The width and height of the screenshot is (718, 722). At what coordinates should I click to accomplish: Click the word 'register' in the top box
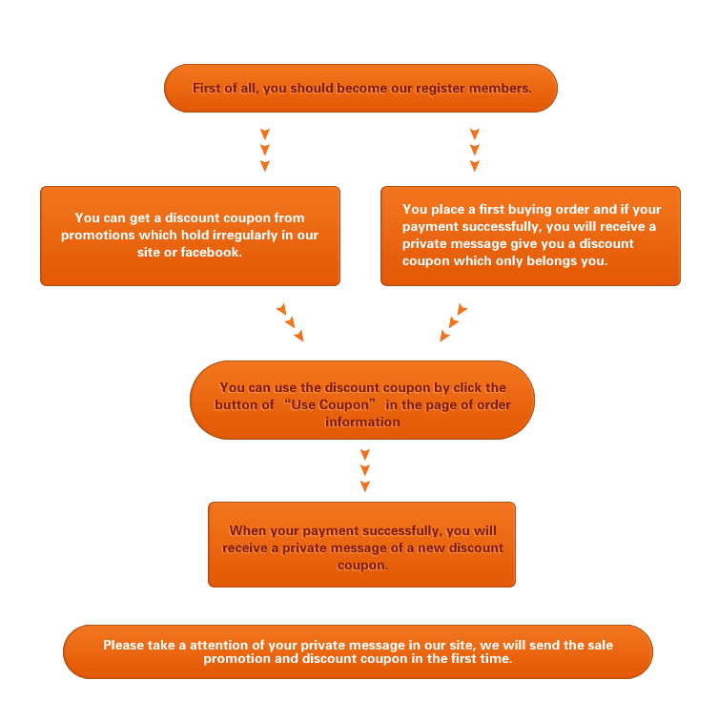pyautogui.click(x=438, y=89)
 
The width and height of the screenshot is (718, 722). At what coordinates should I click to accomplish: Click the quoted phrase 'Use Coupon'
pyautogui.click(x=330, y=404)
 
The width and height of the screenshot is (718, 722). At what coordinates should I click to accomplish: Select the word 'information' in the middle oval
pyautogui.click(x=362, y=422)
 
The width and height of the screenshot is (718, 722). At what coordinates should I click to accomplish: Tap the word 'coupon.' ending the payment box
pyautogui.click(x=362, y=566)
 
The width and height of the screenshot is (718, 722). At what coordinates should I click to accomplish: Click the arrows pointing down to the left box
pyautogui.click(x=265, y=150)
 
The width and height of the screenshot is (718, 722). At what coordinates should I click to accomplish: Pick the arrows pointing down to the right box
pyautogui.click(x=475, y=150)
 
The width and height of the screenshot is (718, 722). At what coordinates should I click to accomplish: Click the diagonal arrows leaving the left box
pyautogui.click(x=290, y=322)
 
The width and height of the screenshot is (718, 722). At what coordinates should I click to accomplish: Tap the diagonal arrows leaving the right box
pyautogui.click(x=454, y=322)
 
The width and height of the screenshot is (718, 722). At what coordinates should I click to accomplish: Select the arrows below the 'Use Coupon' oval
pyautogui.click(x=365, y=470)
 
